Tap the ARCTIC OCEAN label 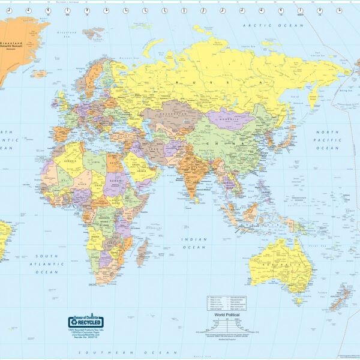tap(266, 25)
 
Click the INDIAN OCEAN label tap(194, 243)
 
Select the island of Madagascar tap(142, 251)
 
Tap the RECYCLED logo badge tap(85, 322)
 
